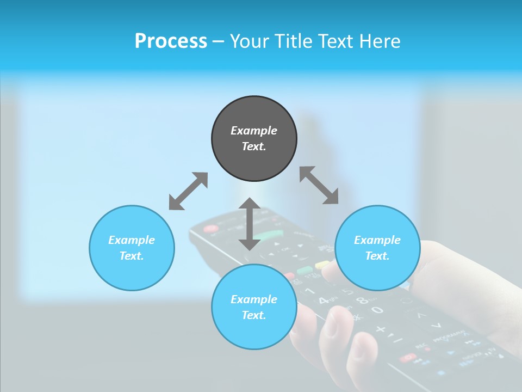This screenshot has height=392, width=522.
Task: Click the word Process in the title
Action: [171, 41]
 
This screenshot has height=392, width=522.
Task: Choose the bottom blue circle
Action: [254, 332]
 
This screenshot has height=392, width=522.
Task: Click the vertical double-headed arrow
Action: [250, 224]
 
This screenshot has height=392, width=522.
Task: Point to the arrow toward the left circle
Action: [188, 191]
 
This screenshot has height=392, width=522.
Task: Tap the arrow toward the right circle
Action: [319, 186]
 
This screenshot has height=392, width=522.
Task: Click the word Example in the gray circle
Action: [254, 131]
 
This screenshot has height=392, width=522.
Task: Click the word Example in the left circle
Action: [132, 240]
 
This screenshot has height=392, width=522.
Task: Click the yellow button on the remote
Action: [322, 265]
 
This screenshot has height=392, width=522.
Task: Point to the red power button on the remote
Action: [210, 229]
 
